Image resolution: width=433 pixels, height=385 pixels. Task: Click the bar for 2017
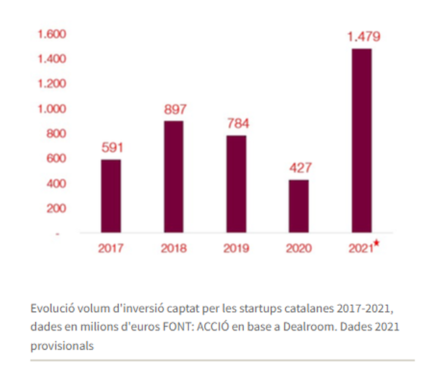pos(111,196)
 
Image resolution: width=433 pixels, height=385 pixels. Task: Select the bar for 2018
pos(174,177)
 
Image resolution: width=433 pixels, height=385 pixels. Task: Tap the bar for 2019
pos(236,184)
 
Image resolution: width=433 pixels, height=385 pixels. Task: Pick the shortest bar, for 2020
pos(299,206)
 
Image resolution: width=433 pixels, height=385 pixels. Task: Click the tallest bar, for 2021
pos(362,141)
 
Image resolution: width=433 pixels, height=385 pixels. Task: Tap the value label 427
pos(299,168)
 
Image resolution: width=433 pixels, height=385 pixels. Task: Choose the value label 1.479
pos(362,36)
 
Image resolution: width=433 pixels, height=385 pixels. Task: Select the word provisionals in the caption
pos(61,345)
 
